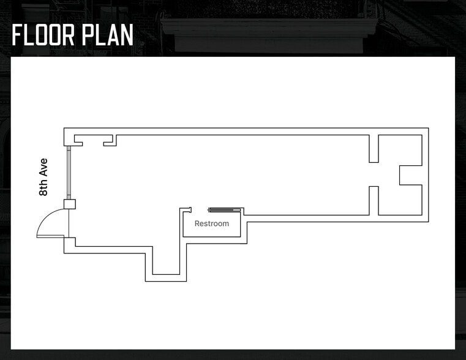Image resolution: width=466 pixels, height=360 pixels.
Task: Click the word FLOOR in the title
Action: pyautogui.click(x=46, y=35)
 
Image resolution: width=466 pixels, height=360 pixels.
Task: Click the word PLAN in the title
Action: pyautogui.click(x=110, y=35)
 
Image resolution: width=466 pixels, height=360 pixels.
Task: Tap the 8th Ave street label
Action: pyautogui.click(x=43, y=177)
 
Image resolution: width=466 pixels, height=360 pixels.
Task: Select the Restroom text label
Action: pyautogui.click(x=212, y=223)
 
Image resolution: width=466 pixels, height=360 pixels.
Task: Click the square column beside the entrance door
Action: pyautogui.click(x=69, y=204)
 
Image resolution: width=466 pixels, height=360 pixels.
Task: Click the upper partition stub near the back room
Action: pyautogui.click(x=374, y=149)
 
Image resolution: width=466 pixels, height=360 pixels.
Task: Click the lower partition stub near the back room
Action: pyautogui.click(x=374, y=200)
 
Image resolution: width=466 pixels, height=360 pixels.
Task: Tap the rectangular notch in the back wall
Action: pyautogui.click(x=410, y=174)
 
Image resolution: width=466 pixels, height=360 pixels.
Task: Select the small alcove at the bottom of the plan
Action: pyautogui.click(x=165, y=263)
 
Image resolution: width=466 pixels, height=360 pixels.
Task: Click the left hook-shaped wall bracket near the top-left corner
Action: pyautogui.click(x=78, y=140)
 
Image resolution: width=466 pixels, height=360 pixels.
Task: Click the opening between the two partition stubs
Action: pyautogui.click(x=374, y=174)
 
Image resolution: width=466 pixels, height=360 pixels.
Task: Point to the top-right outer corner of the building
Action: pyautogui.click(x=428, y=128)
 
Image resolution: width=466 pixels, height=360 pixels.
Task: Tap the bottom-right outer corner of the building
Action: pyautogui.click(x=428, y=221)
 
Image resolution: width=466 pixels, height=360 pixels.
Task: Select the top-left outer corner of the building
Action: pyautogui.click(x=64, y=128)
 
